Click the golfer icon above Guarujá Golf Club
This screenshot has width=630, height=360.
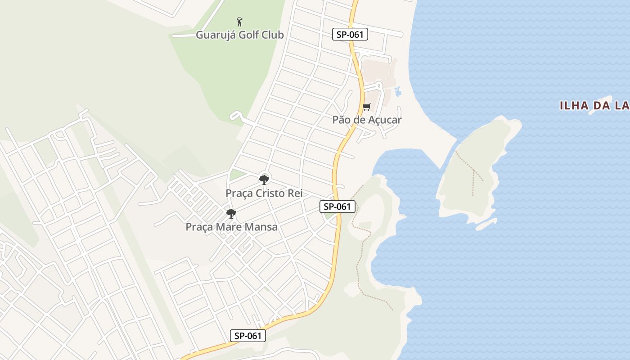239,21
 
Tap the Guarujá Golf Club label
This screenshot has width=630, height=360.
239,35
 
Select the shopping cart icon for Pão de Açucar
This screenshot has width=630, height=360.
366,107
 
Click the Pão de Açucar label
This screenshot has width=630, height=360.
367,120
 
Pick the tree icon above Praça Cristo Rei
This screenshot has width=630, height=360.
264,180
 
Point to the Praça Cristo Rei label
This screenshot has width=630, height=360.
264,193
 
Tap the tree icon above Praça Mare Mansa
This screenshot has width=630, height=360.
231,213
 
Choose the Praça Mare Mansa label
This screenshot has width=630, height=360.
231,227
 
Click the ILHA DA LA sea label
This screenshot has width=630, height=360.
594,106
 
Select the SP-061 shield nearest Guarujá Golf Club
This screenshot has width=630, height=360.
350,34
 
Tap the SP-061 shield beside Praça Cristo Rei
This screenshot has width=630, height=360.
337,207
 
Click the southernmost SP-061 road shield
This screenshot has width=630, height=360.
248,335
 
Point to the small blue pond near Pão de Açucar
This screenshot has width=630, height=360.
398,92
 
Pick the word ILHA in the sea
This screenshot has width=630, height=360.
574,106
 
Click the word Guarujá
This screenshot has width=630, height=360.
213,35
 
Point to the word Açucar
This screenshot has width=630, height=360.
385,120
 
